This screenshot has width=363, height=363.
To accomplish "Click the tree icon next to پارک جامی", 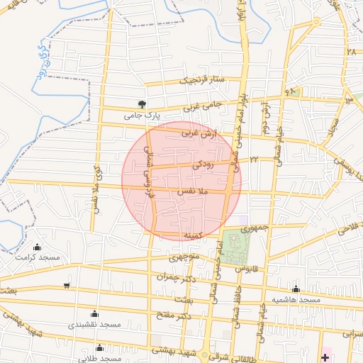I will click(141, 104).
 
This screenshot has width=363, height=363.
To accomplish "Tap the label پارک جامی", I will click(143, 115).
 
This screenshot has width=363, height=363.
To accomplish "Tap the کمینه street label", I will click(194, 234).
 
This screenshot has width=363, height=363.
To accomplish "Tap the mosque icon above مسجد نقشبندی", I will click(94, 313).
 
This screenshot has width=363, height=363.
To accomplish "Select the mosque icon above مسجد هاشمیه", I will click(296, 289).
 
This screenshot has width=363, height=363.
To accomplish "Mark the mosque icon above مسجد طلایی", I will click(99, 348).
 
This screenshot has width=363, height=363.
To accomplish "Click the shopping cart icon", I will click(67, 286).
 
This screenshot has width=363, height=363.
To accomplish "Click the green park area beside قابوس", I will click(236, 245).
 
